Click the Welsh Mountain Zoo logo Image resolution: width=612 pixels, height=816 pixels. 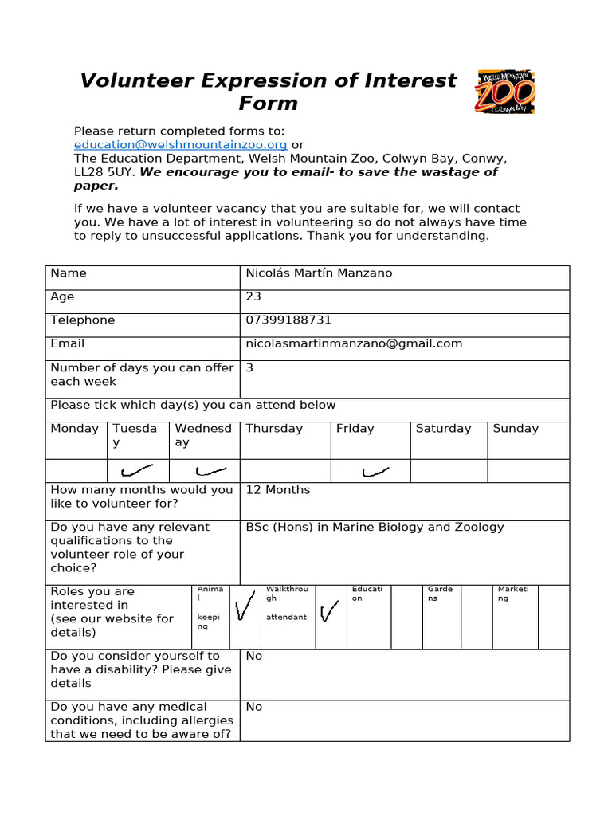[x=505, y=92]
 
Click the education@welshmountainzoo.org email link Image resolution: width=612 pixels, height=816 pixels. [x=180, y=145]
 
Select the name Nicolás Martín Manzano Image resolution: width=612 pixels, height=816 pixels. [x=319, y=273]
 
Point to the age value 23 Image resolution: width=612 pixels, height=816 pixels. [x=253, y=296]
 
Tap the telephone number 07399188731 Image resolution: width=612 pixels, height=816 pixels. [x=288, y=320]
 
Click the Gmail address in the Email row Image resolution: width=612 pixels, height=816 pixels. [x=354, y=343]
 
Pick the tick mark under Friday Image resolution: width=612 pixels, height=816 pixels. [x=375, y=472]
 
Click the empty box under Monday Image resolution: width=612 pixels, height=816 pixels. [x=76, y=471]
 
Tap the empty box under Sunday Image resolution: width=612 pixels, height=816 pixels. [x=528, y=471]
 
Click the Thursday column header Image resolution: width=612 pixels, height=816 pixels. [x=274, y=429]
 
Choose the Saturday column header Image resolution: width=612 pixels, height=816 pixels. [x=443, y=429]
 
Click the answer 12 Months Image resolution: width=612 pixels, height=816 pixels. [x=277, y=490]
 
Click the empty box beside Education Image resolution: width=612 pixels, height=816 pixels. [x=406, y=617]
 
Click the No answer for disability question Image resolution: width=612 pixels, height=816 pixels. [x=254, y=657]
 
